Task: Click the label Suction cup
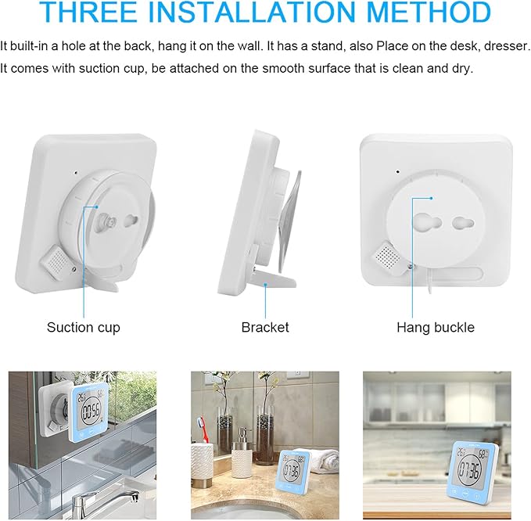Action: (84, 327)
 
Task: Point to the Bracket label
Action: (265, 327)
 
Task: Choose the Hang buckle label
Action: (436, 327)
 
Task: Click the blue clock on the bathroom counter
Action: (296, 476)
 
